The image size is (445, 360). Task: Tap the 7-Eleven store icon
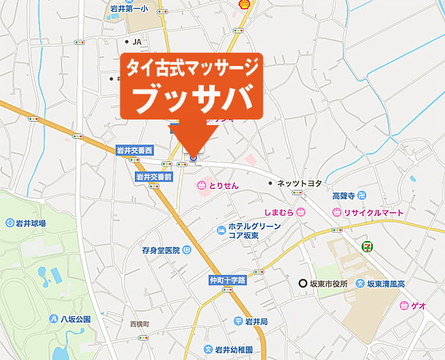click(366, 245)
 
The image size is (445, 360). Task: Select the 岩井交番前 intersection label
click(154, 177)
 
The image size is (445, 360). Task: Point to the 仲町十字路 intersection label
click(227, 281)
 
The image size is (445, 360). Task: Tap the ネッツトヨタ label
click(299, 183)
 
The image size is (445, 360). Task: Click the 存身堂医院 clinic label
click(161, 249)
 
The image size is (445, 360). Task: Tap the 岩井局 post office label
click(252, 321)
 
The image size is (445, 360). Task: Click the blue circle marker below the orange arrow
click(193, 158)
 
